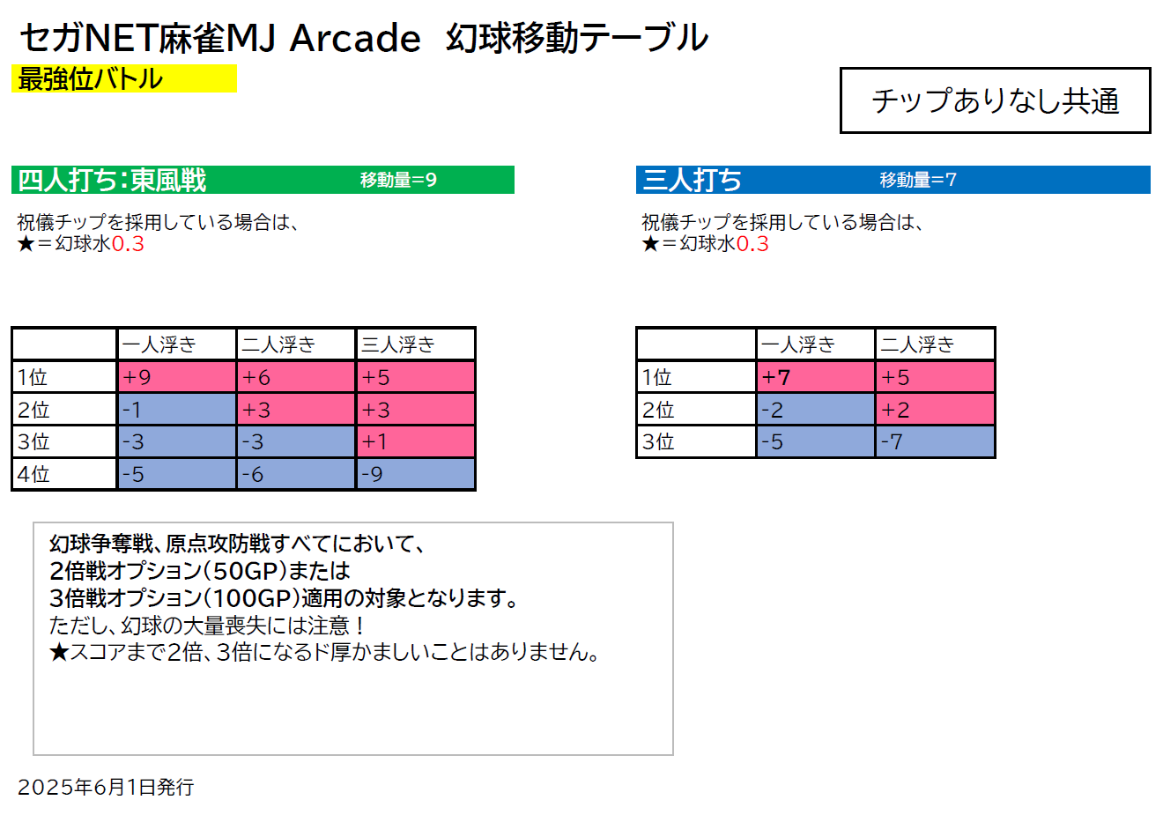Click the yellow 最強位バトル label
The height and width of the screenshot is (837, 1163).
tap(124, 78)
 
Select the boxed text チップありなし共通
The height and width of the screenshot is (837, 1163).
tap(996, 100)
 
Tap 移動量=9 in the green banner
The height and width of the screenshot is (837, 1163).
tap(398, 180)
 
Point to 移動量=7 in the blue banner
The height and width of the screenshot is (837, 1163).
tap(918, 180)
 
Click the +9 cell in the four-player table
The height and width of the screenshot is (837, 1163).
tap(177, 377)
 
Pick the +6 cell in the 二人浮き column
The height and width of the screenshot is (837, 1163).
tap(296, 377)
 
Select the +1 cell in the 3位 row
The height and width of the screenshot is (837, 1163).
tap(415, 441)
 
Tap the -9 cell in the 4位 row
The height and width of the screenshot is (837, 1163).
tap(415, 473)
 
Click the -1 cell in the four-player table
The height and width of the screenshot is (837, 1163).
tap(177, 409)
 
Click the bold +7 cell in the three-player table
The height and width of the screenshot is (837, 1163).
tap(816, 377)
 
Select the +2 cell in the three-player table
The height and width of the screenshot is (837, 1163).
tap(935, 409)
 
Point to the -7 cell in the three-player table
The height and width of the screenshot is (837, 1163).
tap(935, 441)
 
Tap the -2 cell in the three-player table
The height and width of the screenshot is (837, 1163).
tap(816, 409)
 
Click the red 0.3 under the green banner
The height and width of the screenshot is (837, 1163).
tap(128, 243)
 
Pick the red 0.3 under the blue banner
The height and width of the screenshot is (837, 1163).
tap(752, 243)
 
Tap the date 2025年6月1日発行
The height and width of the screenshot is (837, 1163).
tap(106, 787)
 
